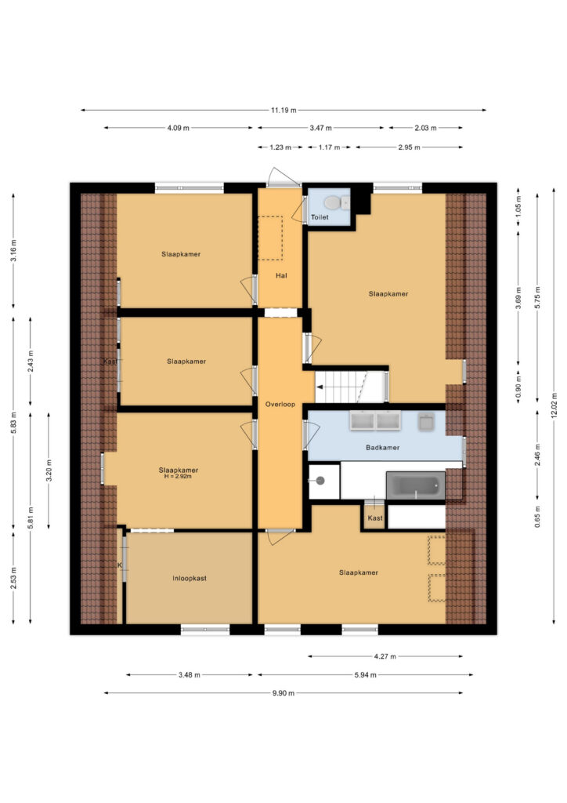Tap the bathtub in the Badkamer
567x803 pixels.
(x=415, y=485)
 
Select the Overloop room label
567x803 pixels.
(x=280, y=404)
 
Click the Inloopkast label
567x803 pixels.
(x=190, y=578)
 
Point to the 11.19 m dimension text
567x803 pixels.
(x=283, y=110)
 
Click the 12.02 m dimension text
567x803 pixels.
(x=554, y=406)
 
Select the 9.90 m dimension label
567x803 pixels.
(x=283, y=693)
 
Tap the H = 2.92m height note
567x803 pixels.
(x=178, y=476)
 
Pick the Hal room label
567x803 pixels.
(x=281, y=275)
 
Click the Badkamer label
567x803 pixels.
(x=382, y=447)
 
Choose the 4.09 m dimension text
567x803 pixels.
(x=178, y=128)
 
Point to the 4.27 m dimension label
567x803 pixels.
(x=385, y=656)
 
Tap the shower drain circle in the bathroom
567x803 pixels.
(x=320, y=481)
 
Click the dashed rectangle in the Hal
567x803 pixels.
(x=270, y=238)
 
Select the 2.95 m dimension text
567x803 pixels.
(x=409, y=147)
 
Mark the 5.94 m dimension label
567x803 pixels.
(x=365, y=675)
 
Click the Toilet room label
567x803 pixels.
(x=320, y=217)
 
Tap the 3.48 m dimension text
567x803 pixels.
(x=190, y=675)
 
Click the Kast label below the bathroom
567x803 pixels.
(x=375, y=518)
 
